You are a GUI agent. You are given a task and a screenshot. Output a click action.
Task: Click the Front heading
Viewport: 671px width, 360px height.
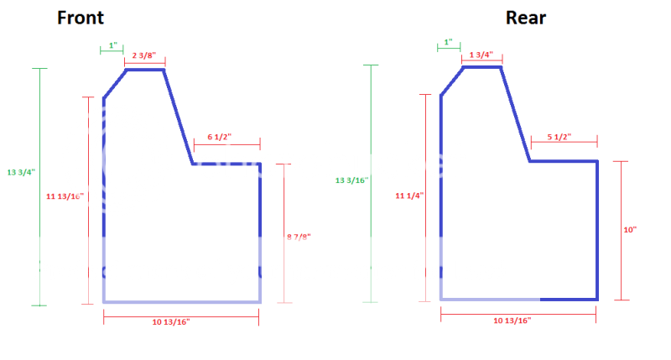[x=81, y=18]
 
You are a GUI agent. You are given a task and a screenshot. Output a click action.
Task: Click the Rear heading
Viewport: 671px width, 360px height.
[x=525, y=18]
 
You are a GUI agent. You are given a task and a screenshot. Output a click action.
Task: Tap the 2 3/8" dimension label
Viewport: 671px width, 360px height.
[x=144, y=55]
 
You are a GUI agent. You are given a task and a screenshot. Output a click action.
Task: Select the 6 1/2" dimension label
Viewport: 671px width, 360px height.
[x=219, y=137]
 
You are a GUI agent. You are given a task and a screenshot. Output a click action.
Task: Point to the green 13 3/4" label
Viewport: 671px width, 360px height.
[x=18, y=173]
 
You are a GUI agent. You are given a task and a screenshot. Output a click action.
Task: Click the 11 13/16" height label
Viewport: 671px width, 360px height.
[x=65, y=196]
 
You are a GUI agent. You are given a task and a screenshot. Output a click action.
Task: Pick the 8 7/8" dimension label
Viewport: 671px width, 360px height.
[x=299, y=237]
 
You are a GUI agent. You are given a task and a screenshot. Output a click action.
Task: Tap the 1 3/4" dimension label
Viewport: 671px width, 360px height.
[x=481, y=55]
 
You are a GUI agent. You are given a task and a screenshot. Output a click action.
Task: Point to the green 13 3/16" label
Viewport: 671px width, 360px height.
[x=351, y=180]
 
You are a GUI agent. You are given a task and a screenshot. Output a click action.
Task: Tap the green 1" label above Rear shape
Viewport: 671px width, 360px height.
[x=448, y=41]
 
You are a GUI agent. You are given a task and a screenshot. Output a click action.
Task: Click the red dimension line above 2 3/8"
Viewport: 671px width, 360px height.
[x=144, y=62]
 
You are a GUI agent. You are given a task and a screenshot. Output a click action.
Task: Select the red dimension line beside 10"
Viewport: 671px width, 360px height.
[x=622, y=229]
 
